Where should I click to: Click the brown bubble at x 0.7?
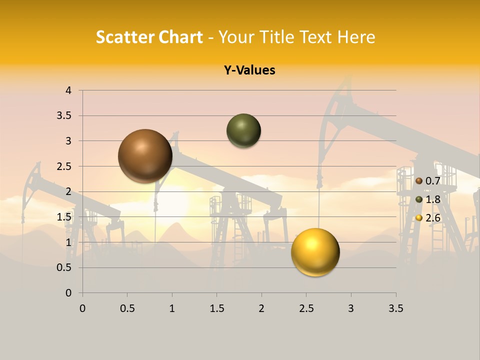click(145, 156)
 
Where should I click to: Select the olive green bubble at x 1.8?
click(243, 131)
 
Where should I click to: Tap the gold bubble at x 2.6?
click(315, 252)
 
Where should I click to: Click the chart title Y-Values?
click(249, 70)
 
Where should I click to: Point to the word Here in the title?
click(355, 36)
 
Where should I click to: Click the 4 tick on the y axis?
click(68, 90)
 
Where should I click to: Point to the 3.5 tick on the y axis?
click(64, 115)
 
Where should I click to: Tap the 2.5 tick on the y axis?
click(64, 166)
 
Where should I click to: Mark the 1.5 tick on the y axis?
click(64, 217)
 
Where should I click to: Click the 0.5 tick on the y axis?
click(64, 267)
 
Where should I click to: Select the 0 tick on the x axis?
click(82, 308)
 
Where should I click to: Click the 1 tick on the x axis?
click(172, 308)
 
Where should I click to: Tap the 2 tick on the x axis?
click(261, 308)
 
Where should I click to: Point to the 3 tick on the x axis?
click(351, 308)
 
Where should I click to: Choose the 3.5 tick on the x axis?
click(395, 308)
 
